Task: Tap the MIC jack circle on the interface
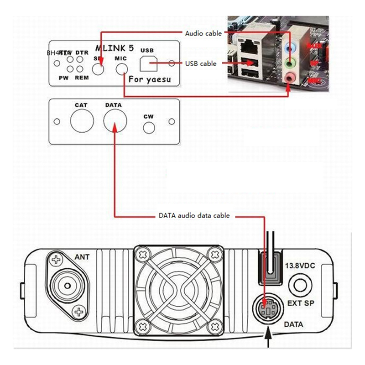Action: point(122,69)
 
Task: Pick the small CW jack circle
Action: point(149,127)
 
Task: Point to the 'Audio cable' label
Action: point(203,33)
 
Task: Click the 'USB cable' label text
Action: point(201,63)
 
